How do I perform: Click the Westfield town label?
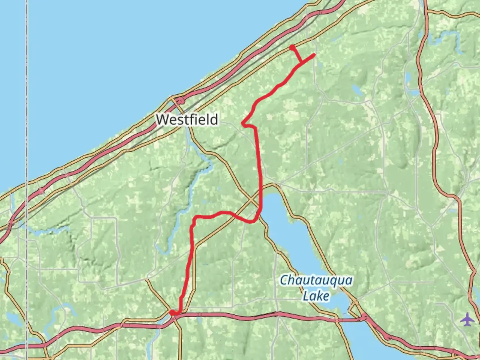tap(187, 119)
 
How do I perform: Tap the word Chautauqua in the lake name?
tap(316, 280)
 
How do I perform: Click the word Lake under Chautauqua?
tap(316, 296)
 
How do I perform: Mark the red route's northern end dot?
tap(292, 48)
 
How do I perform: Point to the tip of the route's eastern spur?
tap(314, 55)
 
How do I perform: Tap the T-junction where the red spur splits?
tap(301, 62)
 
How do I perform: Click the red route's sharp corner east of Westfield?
tap(244, 124)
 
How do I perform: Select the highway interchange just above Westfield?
tap(180, 100)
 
